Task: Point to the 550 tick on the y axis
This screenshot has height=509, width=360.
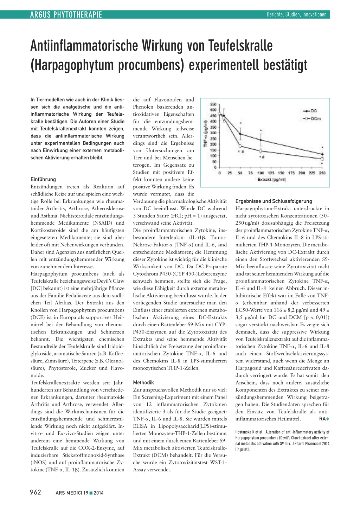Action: tap(213, 104)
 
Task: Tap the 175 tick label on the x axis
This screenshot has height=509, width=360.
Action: tap(291, 173)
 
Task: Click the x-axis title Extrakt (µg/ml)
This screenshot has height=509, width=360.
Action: tap(271, 180)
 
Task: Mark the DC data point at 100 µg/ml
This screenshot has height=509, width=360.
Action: tap(261, 140)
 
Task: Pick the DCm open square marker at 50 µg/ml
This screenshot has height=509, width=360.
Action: tap(240, 146)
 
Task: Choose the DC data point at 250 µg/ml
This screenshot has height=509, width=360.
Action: tap(322, 154)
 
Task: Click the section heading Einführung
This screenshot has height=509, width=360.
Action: tap(43, 179)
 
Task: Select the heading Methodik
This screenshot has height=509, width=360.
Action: tap(143, 382)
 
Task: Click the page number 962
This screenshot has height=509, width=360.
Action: tap(36, 492)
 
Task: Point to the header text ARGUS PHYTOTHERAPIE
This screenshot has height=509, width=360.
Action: tap(66, 14)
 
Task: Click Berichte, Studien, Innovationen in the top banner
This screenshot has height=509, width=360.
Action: tap(296, 14)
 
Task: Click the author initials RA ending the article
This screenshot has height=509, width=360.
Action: tap(322, 419)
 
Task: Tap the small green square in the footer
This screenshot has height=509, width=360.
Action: tap(91, 493)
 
